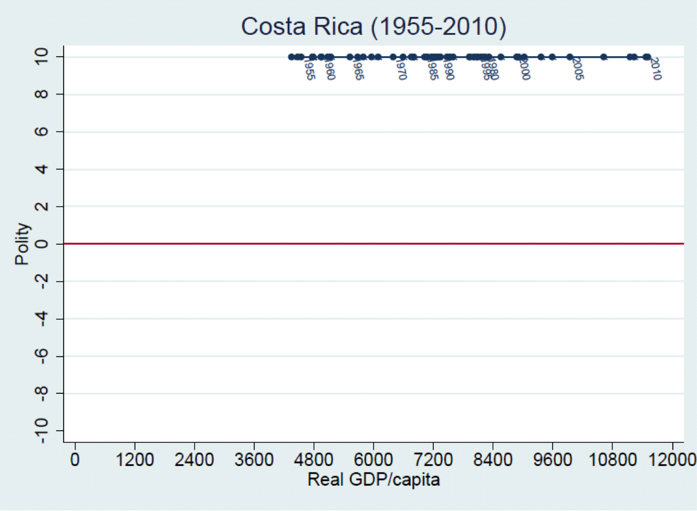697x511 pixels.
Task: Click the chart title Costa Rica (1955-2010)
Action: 373,26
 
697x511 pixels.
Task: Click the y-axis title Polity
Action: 22,244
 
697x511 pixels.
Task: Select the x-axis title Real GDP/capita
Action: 373,479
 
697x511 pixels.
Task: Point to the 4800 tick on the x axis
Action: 314,460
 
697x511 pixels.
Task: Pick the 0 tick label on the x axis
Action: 75,460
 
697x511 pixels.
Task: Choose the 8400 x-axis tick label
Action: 493,460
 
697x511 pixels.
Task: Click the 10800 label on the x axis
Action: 612,460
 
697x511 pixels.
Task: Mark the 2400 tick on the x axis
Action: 194,460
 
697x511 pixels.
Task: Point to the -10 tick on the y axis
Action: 42,431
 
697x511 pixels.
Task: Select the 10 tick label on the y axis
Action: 42,56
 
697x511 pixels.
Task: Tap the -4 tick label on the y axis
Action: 42,319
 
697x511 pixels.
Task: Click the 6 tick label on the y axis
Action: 42,131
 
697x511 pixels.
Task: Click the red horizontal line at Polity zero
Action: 373,244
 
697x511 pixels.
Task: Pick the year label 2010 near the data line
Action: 656,69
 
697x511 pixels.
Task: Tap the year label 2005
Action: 578,69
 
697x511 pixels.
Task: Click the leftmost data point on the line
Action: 292,57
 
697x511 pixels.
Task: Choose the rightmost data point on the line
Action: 648,57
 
